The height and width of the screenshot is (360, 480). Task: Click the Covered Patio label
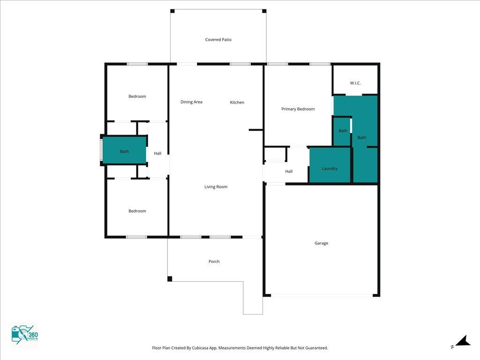pos(218,39)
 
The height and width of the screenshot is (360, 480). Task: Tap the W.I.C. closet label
pos(355,83)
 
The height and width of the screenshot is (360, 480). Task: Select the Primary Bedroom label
pos(298,109)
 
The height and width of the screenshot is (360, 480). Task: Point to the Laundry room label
pos(330,169)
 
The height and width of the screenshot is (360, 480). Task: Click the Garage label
pos(321,243)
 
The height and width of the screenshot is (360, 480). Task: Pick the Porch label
pos(214,262)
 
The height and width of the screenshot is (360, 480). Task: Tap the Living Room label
pos(216,187)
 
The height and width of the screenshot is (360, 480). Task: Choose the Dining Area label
pos(191,102)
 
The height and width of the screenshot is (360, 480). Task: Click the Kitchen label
pos(237,102)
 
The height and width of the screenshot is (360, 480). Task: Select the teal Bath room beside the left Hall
pos(124,150)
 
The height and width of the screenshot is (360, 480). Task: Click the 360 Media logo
pos(24,335)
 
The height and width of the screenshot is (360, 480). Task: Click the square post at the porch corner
pos(170,278)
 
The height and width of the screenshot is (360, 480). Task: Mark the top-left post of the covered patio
pos(172,11)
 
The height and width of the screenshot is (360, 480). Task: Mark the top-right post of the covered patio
pos(264,11)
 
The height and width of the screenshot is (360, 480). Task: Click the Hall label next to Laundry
pos(289,172)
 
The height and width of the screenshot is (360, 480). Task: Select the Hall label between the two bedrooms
pos(157,153)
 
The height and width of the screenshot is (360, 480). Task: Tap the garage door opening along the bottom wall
pos(322,295)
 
